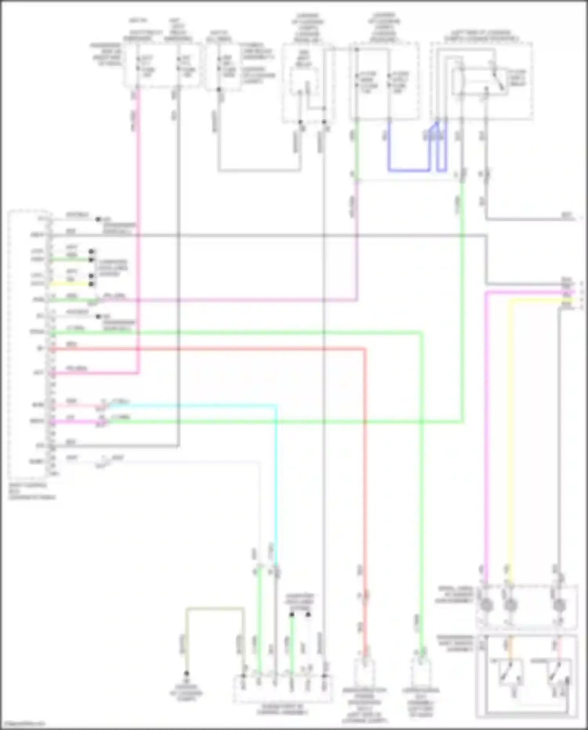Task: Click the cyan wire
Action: tap(276, 471)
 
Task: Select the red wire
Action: tap(365, 471)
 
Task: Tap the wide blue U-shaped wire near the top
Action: tap(408, 171)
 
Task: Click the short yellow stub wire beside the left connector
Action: tap(71, 284)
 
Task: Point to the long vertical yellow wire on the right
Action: tap(510, 431)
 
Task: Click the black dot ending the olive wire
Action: tap(187, 673)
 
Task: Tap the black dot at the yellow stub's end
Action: tap(91, 284)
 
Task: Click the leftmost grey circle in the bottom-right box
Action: tap(486, 605)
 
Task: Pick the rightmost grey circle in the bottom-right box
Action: tap(559, 605)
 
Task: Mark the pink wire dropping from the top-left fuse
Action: tap(138, 235)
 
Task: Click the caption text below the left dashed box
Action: tap(31, 491)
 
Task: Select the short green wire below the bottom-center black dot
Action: tap(291, 643)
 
